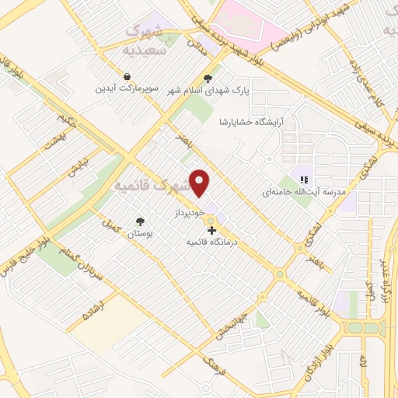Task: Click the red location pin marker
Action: pos(201,183)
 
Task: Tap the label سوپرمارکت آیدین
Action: pos(120,89)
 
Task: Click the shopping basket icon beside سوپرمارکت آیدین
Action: pos(115,77)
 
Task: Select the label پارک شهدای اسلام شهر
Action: pos(208,90)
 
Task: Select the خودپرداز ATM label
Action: pos(189,212)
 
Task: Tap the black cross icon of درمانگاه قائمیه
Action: pos(211,231)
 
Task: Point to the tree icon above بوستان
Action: pos(140,222)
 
